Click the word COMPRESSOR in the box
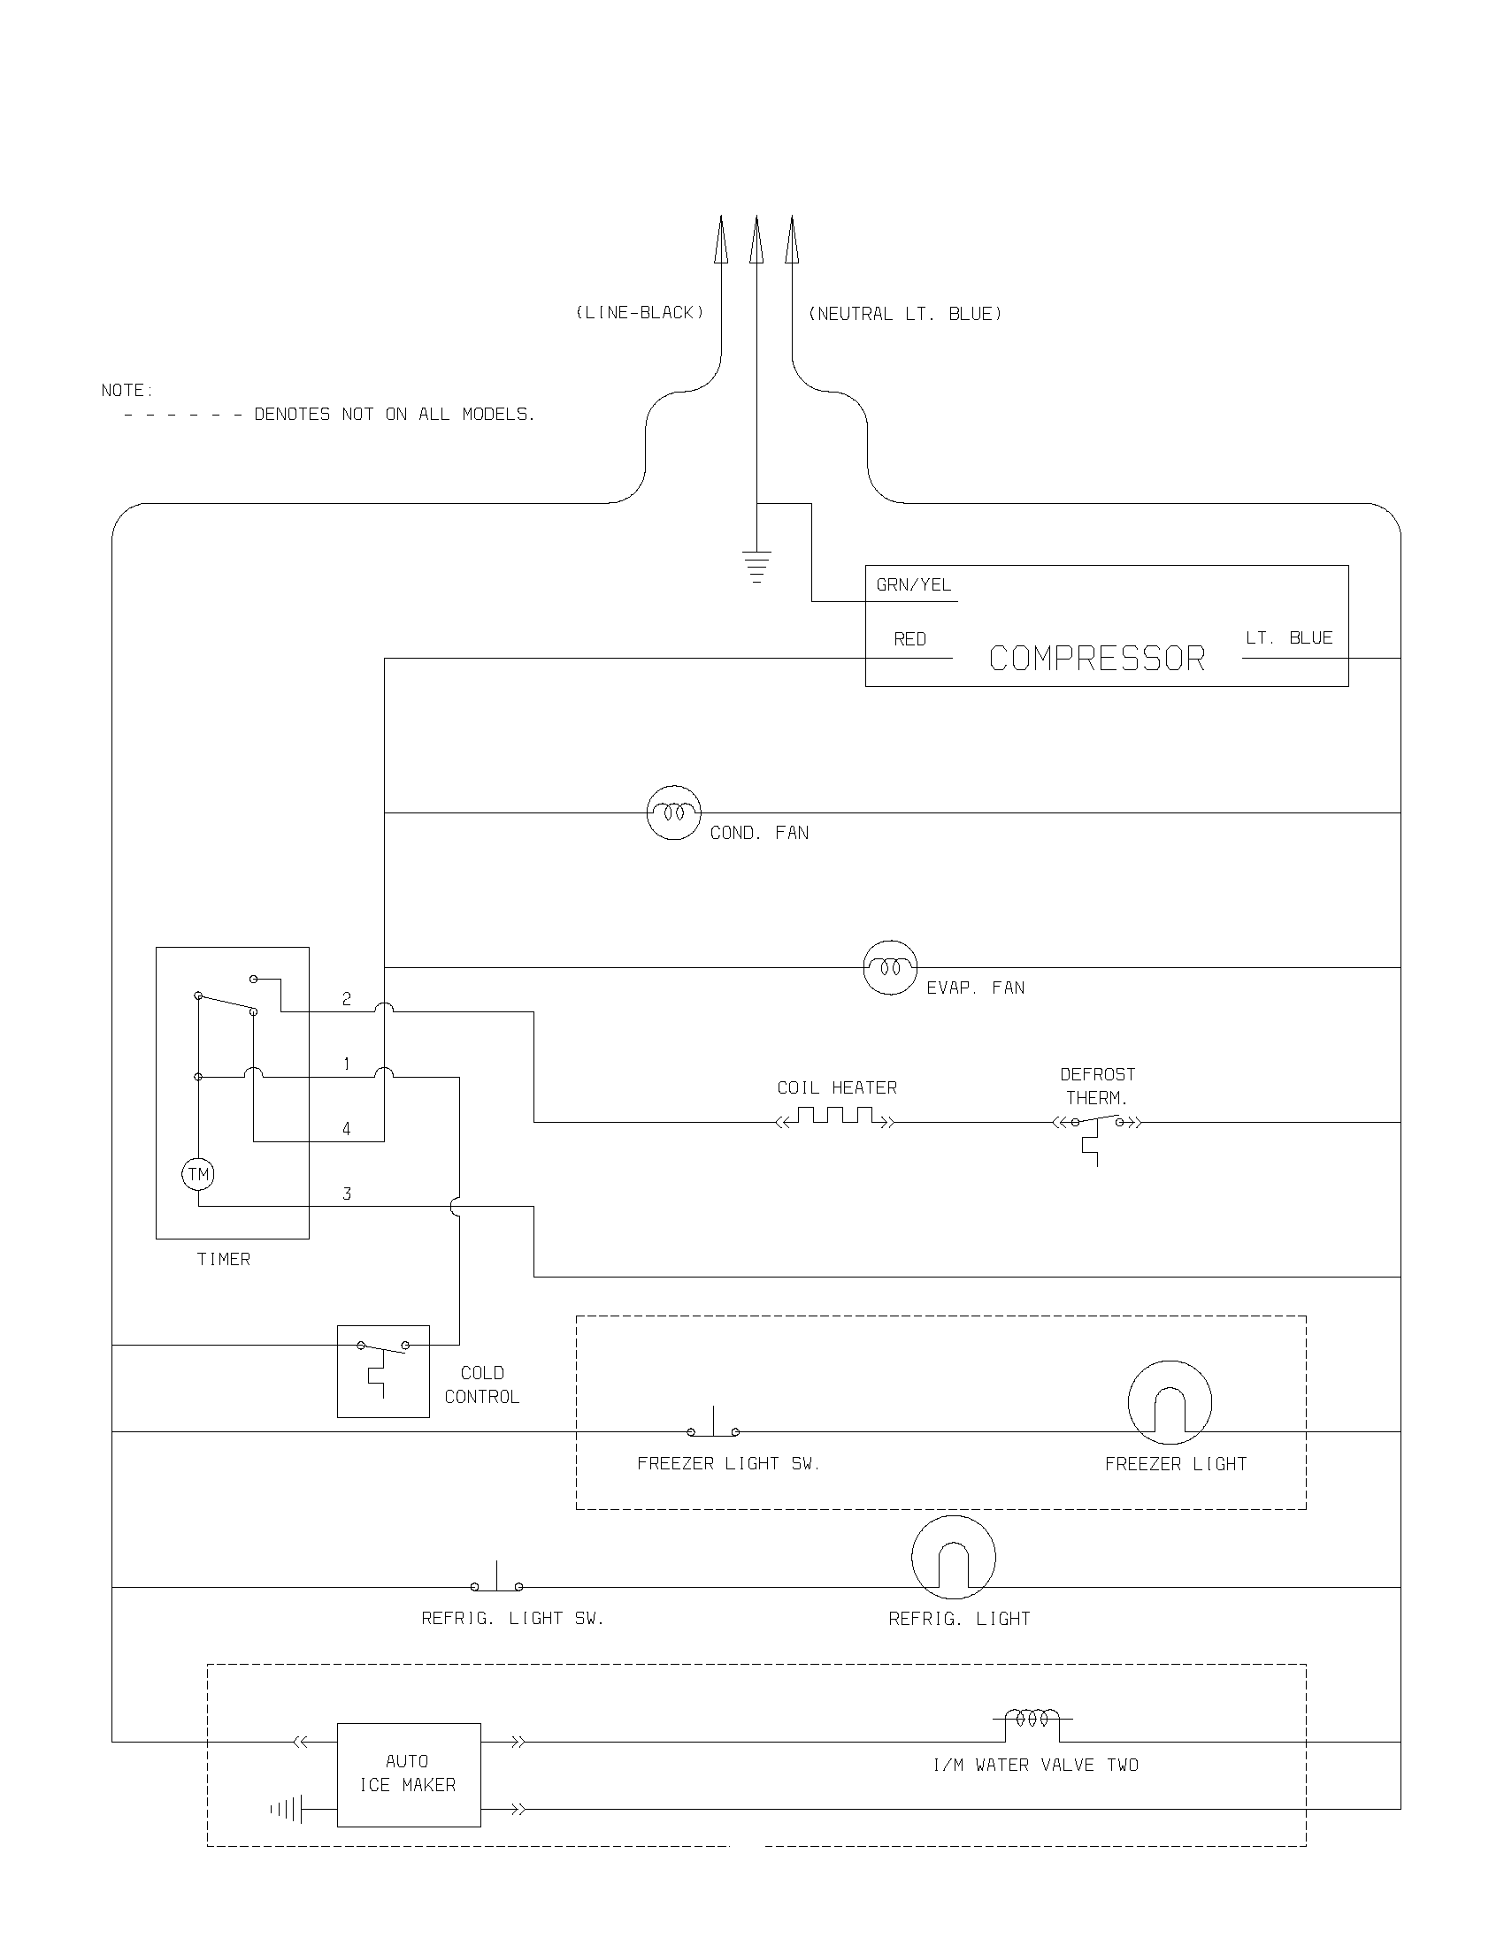click(x=1097, y=659)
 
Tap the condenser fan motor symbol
click(x=673, y=813)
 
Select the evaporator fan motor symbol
click(x=890, y=967)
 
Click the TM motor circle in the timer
click(x=199, y=1174)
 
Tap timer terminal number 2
click(x=347, y=999)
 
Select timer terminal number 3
click(x=347, y=1194)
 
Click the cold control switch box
click(x=383, y=1370)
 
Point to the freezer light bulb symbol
click(x=1170, y=1403)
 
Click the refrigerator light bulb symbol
click(x=954, y=1558)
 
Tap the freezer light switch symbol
click(x=713, y=1426)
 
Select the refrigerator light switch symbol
click(x=496, y=1581)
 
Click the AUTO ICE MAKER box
click(x=408, y=1774)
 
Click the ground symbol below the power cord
click(x=756, y=567)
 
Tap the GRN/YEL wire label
click(x=913, y=585)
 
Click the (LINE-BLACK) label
click(x=640, y=313)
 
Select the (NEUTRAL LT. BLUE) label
click(x=904, y=314)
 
